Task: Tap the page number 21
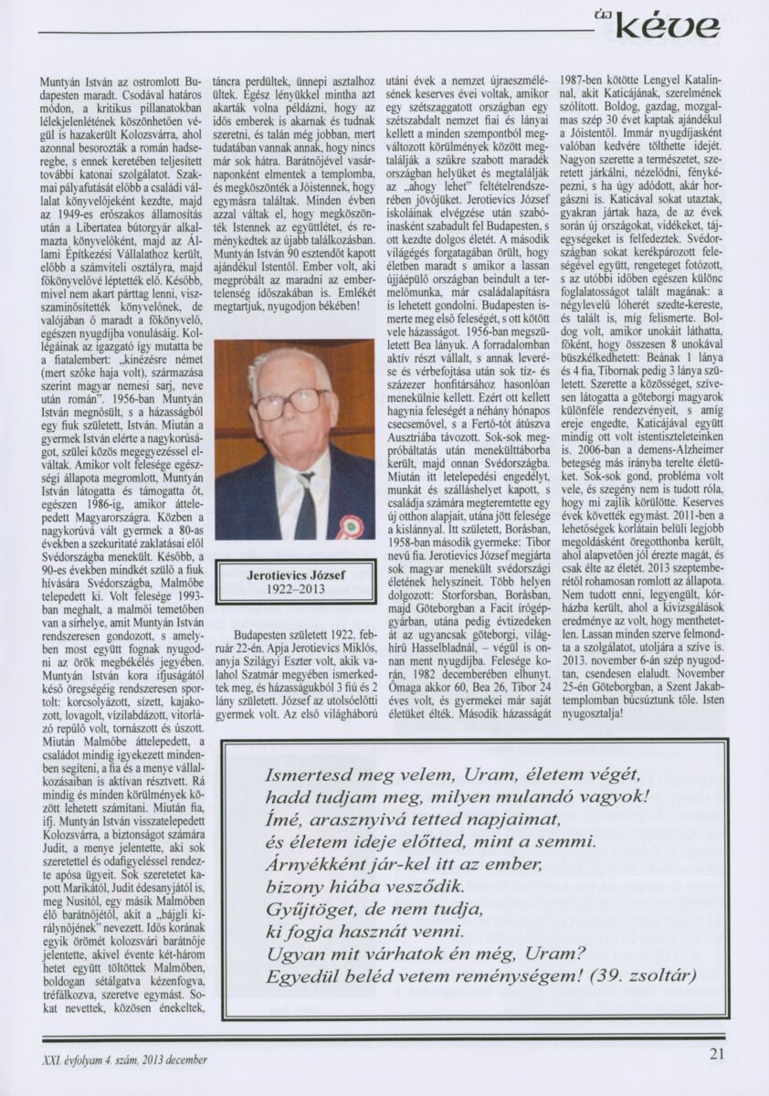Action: tap(718, 1059)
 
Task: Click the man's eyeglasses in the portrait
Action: tap(291, 403)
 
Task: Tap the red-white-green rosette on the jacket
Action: tap(346, 527)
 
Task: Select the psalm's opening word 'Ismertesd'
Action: tap(304, 774)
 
